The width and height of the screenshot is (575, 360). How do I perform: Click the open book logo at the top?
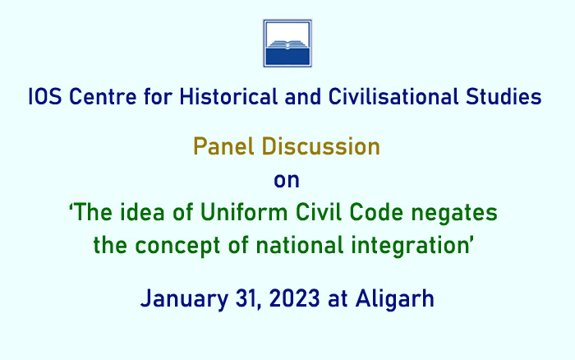click(287, 44)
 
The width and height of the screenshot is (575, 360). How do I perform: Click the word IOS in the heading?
click(44, 97)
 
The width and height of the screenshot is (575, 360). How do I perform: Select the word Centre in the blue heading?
click(103, 97)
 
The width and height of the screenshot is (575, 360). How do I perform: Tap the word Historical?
click(228, 97)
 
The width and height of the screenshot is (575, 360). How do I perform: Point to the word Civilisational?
click(393, 97)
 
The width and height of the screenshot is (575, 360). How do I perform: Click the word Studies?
click(504, 97)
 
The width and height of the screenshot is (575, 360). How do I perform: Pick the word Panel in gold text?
click(223, 146)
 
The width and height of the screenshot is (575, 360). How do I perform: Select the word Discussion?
click(321, 146)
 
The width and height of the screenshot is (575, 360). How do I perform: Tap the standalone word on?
click(287, 181)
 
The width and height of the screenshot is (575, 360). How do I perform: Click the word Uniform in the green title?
click(244, 213)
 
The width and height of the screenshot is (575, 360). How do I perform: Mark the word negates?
click(454, 214)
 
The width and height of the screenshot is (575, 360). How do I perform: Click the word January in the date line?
click(185, 299)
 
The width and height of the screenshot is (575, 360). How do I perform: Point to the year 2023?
click(294, 298)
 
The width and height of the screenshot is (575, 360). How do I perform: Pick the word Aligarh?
click(394, 299)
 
